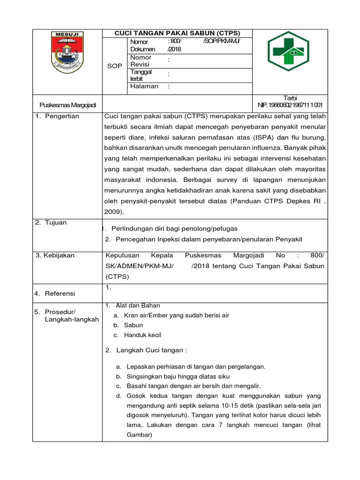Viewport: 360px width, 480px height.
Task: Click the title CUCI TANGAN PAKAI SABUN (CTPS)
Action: [177, 33]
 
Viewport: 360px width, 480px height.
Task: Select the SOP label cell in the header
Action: [114, 66]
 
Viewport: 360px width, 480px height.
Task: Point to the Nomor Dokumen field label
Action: [142, 45]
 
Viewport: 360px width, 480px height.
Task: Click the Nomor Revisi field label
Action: [141, 60]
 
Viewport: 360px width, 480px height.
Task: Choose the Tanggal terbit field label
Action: [142, 75]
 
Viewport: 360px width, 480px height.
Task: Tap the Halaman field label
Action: [144, 86]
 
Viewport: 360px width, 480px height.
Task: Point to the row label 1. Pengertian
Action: [57, 116]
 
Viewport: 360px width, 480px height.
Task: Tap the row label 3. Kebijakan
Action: [55, 255]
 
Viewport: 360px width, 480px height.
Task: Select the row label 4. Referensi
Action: [55, 293]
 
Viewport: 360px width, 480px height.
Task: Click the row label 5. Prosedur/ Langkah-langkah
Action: [67, 315]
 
